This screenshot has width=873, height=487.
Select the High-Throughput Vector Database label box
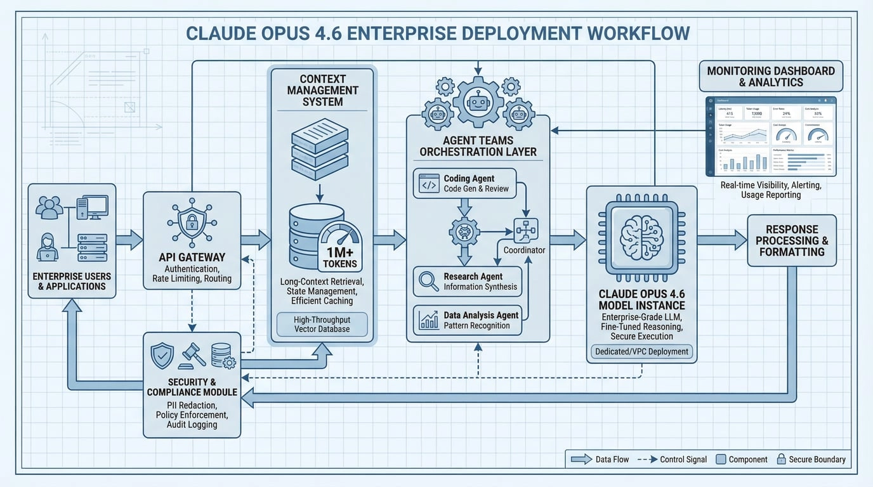[x=322, y=323]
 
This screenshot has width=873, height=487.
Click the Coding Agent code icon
[x=429, y=185]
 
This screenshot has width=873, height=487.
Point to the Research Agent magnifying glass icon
[x=429, y=282]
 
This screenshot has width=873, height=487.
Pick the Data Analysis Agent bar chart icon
[x=429, y=320]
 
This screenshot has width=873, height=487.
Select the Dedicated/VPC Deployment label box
[x=641, y=351]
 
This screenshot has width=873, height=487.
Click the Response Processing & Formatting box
[x=791, y=240]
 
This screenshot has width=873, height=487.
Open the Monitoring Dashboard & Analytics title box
[x=771, y=77]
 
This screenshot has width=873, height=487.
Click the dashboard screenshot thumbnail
[x=771, y=136]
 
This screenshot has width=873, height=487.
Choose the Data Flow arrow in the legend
[x=581, y=459]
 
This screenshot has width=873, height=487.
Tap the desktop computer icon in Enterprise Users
[x=93, y=207]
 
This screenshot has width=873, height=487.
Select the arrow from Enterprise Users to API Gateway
[x=129, y=239]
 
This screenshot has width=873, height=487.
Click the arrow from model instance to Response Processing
[x=721, y=240]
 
